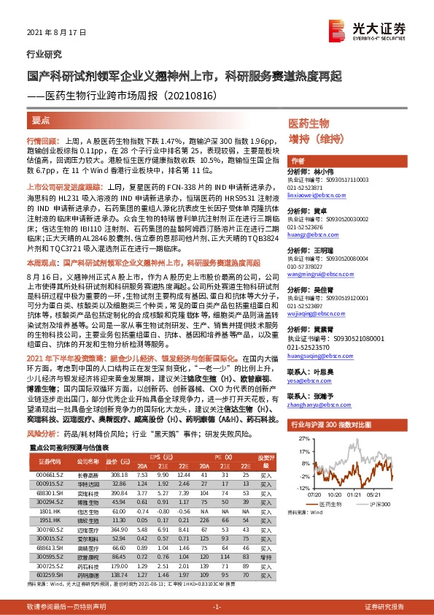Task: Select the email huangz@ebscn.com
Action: coord(310,235)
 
